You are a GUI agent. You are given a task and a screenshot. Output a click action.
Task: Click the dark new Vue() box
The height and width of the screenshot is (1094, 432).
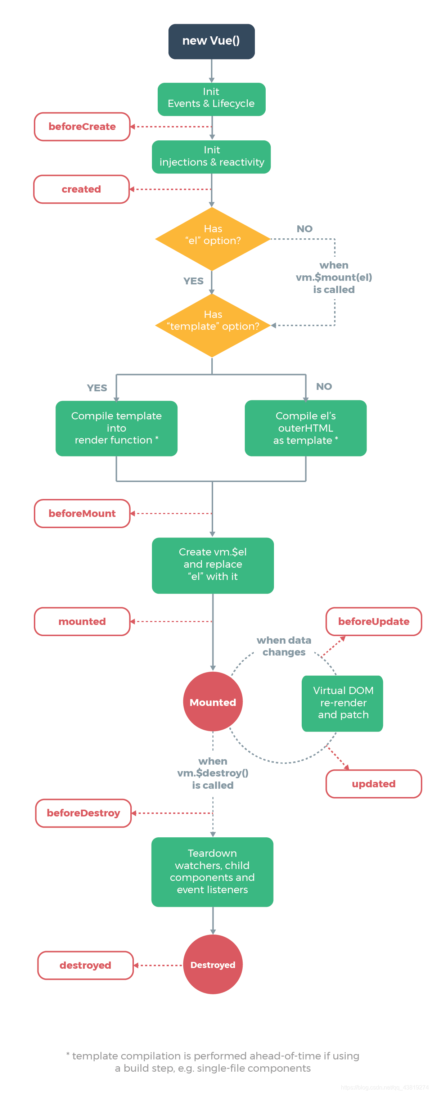(211, 41)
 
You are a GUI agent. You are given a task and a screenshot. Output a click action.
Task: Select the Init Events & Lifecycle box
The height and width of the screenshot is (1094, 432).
(211, 99)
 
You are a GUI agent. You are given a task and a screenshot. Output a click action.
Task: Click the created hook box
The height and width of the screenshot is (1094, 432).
(81, 189)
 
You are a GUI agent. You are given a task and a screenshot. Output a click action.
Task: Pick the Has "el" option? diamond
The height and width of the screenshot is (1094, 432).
(212, 238)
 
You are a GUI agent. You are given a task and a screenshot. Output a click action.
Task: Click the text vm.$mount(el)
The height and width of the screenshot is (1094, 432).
(333, 277)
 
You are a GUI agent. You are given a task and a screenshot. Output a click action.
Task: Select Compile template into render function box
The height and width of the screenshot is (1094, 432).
(116, 428)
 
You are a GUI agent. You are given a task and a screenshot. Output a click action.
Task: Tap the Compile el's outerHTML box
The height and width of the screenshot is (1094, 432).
(305, 428)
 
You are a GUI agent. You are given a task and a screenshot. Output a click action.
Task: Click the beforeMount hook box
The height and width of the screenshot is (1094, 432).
(82, 513)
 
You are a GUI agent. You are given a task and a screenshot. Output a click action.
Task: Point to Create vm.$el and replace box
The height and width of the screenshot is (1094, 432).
(212, 565)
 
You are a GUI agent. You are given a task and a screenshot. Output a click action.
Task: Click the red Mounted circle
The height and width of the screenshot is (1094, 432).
(212, 702)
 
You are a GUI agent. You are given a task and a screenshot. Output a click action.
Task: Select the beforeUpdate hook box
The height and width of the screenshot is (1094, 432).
(373, 621)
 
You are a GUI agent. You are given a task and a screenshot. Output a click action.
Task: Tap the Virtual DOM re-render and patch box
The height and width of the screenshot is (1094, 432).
(342, 703)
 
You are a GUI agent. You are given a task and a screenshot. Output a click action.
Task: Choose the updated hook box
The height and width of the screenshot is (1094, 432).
(373, 784)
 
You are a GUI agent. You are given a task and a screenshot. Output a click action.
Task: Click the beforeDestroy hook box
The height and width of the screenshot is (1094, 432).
(83, 812)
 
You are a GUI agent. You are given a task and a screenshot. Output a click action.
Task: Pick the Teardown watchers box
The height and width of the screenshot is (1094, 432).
(212, 872)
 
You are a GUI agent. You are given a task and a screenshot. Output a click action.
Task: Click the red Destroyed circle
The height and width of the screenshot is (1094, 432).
(212, 964)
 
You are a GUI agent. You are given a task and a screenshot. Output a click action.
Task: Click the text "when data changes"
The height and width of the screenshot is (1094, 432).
(284, 645)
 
